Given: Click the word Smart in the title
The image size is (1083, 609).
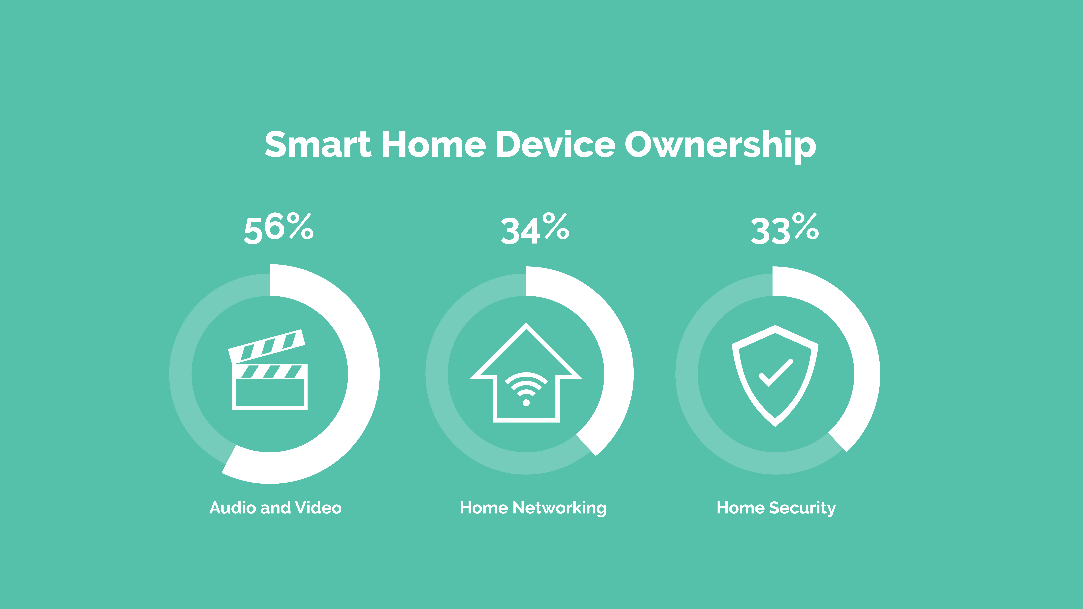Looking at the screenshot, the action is (x=318, y=144).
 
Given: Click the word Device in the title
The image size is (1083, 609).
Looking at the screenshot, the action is (x=556, y=144).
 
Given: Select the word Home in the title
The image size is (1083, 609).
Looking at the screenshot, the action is (x=434, y=144).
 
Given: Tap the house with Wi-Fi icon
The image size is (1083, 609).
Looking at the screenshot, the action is (x=526, y=372).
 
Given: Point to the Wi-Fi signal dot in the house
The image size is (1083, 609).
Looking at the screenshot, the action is (x=526, y=403).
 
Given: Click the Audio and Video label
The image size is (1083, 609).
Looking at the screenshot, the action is (x=275, y=508).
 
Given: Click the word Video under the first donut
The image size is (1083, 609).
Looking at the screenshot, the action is (x=318, y=508).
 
